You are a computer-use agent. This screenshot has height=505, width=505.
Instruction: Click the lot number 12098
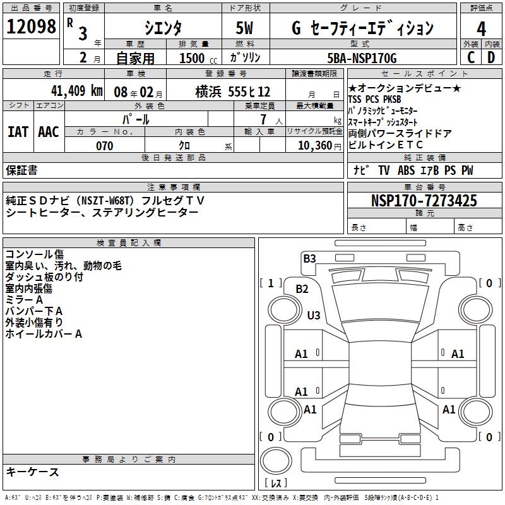point(31,27)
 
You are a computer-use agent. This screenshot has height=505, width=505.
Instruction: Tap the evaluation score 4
point(482,29)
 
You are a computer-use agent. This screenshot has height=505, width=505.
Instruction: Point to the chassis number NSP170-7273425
point(424,201)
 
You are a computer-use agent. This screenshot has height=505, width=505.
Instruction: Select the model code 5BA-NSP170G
point(363,59)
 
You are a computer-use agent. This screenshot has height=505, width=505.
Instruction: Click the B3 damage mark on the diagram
point(309,258)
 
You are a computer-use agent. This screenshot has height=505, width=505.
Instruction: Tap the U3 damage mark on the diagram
point(314,315)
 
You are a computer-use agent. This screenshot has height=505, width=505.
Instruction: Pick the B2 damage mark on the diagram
point(302,289)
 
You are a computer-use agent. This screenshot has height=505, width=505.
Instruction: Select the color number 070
point(105,146)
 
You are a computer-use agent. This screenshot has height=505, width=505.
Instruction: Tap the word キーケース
point(33,472)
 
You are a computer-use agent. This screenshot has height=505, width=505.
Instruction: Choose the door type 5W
point(246,28)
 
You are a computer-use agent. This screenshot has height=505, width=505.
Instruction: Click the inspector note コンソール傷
point(34,254)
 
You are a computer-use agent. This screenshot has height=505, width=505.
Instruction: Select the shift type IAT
point(18,131)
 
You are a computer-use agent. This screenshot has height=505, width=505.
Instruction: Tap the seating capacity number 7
point(261,119)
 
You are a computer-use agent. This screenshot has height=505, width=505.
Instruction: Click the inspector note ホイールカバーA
point(44,334)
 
